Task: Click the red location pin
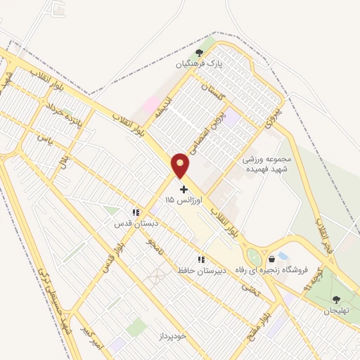tap(181, 165)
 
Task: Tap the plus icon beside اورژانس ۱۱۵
tap(184, 189)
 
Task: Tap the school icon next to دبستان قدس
tap(135, 212)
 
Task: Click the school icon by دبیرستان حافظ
tap(201, 259)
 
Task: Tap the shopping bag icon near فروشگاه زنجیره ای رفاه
tap(272, 259)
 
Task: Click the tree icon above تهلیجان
tap(336, 300)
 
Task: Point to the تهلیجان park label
tap(337, 311)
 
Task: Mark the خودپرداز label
tap(171, 336)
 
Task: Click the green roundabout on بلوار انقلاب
tap(252, 257)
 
